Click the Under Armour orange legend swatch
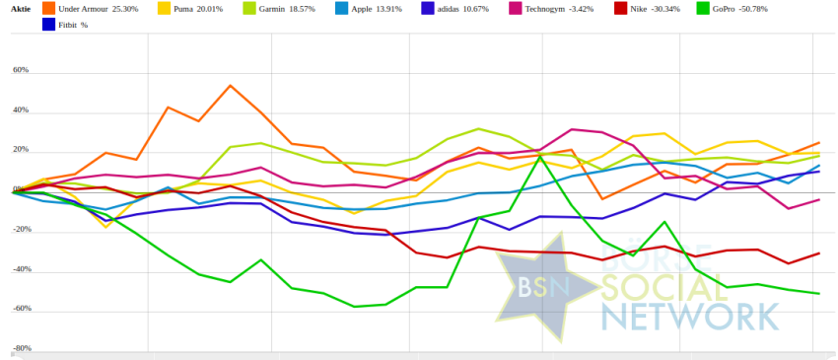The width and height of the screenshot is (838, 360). (48, 9)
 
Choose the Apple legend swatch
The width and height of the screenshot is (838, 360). (342, 9)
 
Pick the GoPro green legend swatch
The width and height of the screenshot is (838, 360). (704, 9)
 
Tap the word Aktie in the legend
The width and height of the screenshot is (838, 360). (21, 9)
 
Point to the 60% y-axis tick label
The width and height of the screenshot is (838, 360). (21, 70)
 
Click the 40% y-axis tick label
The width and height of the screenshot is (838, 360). (21, 110)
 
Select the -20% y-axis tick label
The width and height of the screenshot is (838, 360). (21, 229)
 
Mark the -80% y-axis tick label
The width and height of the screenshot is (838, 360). (21, 348)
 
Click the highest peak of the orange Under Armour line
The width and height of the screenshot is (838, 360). (230, 85)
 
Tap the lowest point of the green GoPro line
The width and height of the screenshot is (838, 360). (354, 307)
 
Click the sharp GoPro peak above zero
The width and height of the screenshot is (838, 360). (541, 157)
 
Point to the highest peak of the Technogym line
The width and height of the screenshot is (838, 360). (572, 129)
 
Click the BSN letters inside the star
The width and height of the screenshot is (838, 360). (543, 287)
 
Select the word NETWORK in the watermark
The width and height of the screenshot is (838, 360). (690, 317)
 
